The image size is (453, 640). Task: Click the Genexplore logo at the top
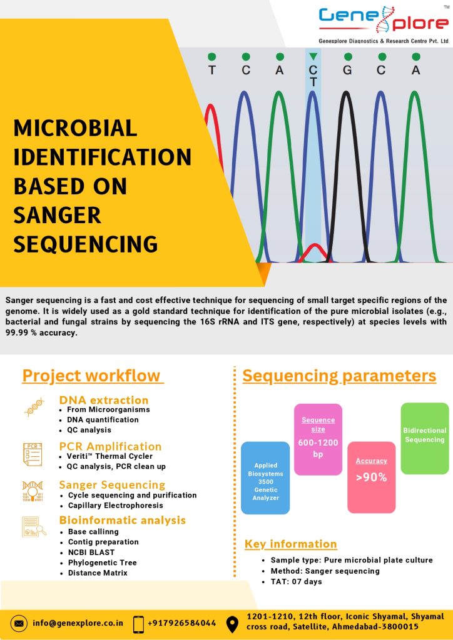click(x=383, y=24)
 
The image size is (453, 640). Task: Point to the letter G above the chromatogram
click(x=347, y=70)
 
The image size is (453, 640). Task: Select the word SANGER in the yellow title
click(x=57, y=216)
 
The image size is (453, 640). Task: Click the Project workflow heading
click(x=91, y=376)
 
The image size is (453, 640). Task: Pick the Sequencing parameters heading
click(x=339, y=376)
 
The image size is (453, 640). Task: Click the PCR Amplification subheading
click(x=110, y=446)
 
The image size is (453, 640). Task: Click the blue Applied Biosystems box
click(x=265, y=478)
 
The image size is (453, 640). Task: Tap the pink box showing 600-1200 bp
click(x=318, y=439)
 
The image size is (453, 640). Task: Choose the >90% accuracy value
click(x=371, y=477)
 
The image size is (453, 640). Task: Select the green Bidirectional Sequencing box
click(x=424, y=437)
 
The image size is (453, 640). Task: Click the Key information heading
click(x=290, y=544)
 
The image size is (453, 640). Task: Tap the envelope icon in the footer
click(x=19, y=623)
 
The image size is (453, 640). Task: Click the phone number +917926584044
click(x=182, y=623)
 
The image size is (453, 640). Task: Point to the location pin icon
click(x=232, y=623)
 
